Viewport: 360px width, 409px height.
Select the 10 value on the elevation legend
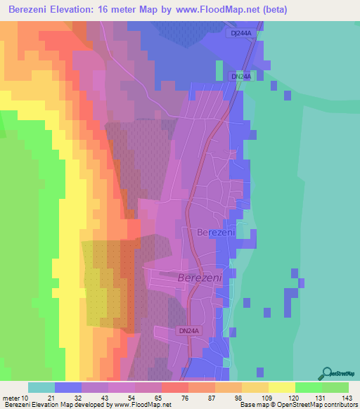[x=25, y=398]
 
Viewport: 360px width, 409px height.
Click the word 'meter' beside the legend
[x=11, y=398]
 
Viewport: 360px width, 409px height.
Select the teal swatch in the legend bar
[x=41, y=387]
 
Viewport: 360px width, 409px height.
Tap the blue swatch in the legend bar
[x=68, y=387]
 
